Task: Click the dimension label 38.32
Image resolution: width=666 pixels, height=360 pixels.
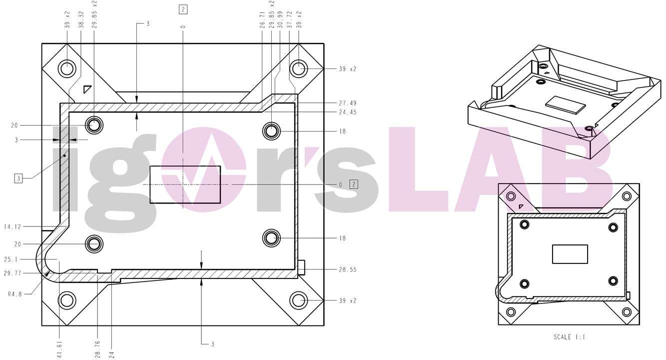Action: click(x=81, y=19)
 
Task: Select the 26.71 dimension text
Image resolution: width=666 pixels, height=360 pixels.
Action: click(x=262, y=20)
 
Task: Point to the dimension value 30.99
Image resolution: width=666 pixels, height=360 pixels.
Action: click(x=280, y=20)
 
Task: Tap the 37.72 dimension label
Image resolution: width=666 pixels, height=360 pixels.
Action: click(x=290, y=20)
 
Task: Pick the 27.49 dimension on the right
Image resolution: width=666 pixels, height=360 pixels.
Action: click(x=348, y=103)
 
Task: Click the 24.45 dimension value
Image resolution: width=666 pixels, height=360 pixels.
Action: click(x=348, y=112)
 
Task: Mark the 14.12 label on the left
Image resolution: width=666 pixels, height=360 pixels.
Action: click(x=13, y=227)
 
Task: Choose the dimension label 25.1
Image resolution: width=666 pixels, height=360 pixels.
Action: click(x=10, y=259)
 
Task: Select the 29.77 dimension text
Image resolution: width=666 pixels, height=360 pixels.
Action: click(x=13, y=273)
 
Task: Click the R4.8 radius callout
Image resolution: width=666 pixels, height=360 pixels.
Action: click(x=15, y=294)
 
